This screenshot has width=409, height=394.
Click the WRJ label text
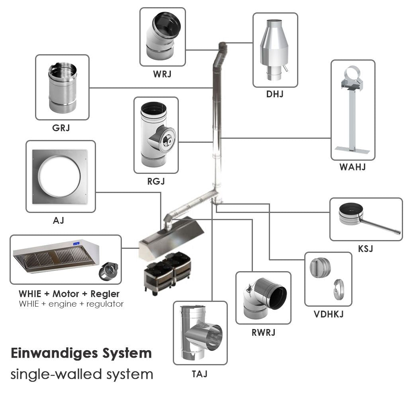point(162,74)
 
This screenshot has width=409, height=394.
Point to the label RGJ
point(155,182)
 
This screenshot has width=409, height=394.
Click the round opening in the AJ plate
point(59,175)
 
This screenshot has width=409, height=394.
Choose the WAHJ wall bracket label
point(352,167)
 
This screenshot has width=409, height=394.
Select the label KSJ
point(366,248)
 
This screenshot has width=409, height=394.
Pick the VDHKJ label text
point(329,314)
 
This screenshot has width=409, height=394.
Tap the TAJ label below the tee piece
point(200,374)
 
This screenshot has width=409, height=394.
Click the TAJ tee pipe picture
point(200,333)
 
